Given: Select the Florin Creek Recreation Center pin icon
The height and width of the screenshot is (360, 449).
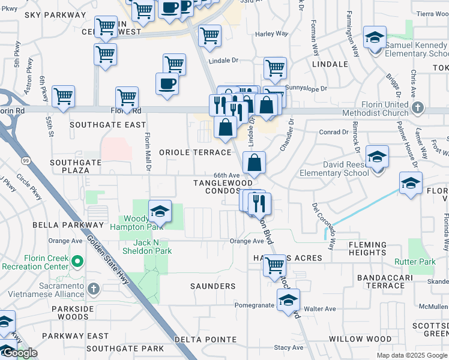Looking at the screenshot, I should [77, 262].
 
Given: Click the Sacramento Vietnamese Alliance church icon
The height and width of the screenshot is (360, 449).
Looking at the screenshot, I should [93, 289].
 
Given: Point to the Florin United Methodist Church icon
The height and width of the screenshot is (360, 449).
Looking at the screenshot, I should [419, 109].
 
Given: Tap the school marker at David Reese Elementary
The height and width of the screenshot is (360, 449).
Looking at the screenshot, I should [377, 158].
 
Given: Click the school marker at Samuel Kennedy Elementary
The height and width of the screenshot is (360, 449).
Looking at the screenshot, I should [375, 39].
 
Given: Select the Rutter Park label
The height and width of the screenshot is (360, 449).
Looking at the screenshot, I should [415, 262].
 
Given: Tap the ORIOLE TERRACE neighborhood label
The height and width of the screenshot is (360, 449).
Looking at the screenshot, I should [195, 153].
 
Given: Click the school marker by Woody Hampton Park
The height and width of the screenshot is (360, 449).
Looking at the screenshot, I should [160, 211].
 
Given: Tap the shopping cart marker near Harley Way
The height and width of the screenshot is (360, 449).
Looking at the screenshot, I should [210, 36].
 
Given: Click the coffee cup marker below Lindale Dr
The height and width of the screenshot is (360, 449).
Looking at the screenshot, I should [167, 84].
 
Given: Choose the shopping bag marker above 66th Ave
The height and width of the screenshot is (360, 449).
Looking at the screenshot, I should [255, 162].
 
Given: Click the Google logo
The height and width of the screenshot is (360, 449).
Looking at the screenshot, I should [20, 353].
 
